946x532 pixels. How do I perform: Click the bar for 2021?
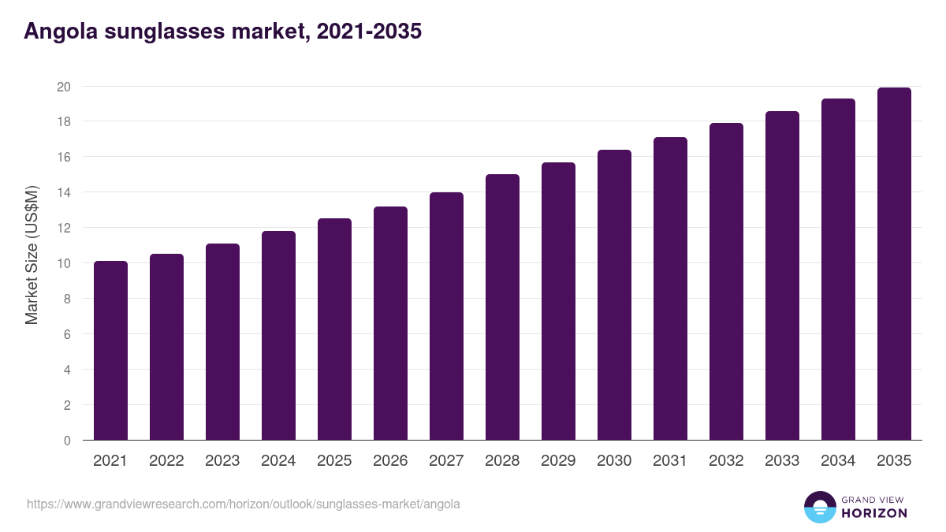(x=110, y=351)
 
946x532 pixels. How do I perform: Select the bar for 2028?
(x=502, y=307)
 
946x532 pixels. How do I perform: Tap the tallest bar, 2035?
(x=894, y=264)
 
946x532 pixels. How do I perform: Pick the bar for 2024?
(x=278, y=336)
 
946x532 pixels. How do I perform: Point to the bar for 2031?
(x=670, y=288)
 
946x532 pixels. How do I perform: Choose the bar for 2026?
(x=390, y=323)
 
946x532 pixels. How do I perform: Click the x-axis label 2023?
(x=222, y=461)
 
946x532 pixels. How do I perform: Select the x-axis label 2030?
(x=614, y=461)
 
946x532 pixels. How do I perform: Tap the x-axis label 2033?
(x=782, y=461)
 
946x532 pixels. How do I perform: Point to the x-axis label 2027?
(x=446, y=461)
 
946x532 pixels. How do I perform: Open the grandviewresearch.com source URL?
(x=244, y=504)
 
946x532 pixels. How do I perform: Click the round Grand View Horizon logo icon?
(x=819, y=508)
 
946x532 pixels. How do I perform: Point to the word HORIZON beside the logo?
(x=874, y=513)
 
